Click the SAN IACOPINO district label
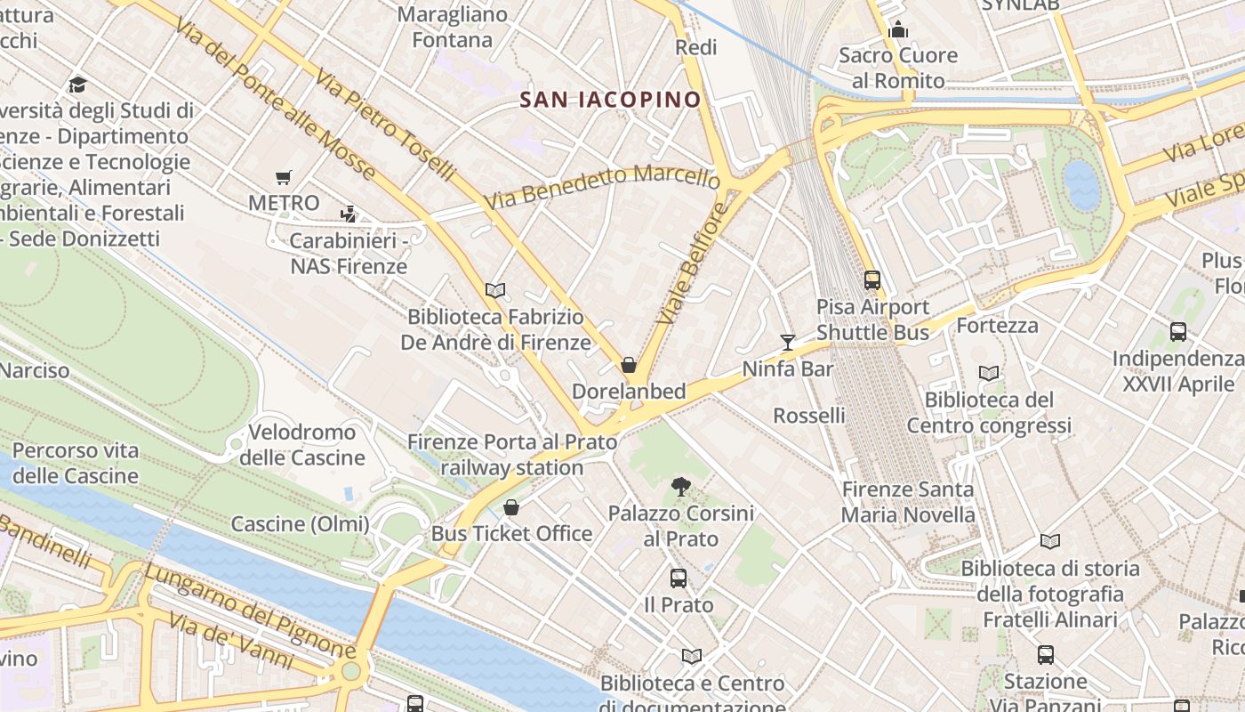pos(611,99)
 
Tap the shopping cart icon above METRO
pos(283,177)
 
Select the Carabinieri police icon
pos(349,214)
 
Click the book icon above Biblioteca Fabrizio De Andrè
pos(495,290)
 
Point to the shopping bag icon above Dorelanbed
pos(629,364)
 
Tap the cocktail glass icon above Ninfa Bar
pos(787,342)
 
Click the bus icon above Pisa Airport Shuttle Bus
pos(872,280)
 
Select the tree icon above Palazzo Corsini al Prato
pos(681,486)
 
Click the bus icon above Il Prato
pos(679,578)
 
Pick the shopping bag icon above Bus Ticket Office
pos(511,507)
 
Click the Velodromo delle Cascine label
pos(302,445)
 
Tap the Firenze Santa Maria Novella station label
pos(908,502)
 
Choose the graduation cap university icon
pos(77,85)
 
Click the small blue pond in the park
pos(1081,184)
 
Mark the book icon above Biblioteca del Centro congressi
pos(989,374)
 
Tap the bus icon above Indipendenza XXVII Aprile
pos(1178,332)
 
